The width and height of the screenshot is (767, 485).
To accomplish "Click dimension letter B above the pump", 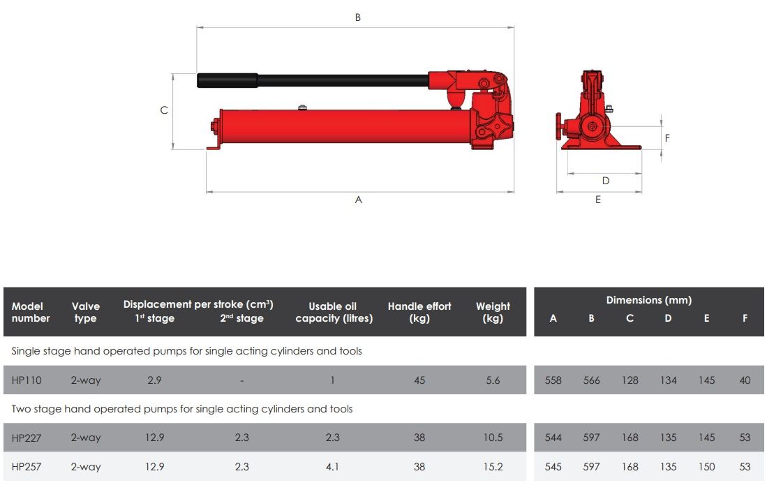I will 358,17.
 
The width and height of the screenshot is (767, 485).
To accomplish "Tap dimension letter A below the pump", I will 359,200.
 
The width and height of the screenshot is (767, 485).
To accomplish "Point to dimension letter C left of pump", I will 164,110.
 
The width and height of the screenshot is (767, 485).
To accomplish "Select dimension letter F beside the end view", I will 667,138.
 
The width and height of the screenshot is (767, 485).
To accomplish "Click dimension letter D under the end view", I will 606,181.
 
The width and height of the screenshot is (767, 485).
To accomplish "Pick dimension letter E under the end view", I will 598,200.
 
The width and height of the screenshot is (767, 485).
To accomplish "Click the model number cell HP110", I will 27,380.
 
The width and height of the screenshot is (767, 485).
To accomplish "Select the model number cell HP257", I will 27,467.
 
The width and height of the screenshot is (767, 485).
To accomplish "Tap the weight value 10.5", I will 493,438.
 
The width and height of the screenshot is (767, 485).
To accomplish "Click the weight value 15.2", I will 493,467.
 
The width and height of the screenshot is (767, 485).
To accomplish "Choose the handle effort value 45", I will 419,380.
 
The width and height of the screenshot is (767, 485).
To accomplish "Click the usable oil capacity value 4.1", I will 333,467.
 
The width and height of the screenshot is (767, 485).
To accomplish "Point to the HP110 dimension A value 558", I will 553,380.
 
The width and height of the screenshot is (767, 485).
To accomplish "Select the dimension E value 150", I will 706,467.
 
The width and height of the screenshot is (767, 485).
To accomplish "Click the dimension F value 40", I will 745,380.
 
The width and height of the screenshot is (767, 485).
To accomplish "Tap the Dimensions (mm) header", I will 648,300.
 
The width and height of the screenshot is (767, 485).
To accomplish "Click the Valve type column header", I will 85,312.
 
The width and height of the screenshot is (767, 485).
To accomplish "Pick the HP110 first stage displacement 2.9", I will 154,380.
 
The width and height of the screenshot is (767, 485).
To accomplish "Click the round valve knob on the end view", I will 560,128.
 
